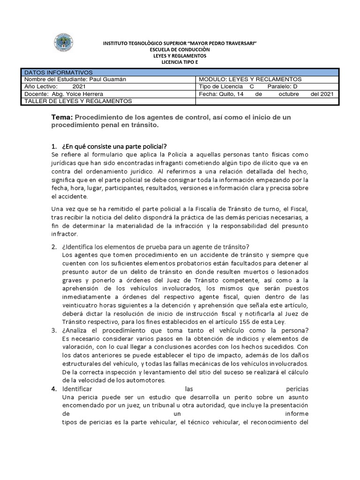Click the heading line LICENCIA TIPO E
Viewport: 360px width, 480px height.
pos(180,62)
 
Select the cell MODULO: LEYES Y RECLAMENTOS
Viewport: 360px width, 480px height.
pos(250,79)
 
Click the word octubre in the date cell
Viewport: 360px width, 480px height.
pos(289,94)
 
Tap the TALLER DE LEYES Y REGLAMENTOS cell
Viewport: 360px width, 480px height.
pos(78,101)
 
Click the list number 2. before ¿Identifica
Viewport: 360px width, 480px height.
pos(53,247)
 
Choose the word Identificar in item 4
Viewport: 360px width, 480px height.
pos(78,389)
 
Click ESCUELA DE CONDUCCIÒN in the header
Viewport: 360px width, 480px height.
pos(180,49)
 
